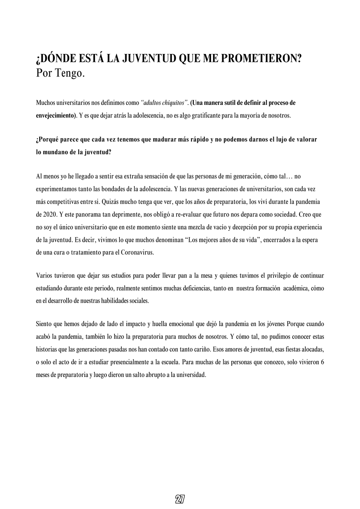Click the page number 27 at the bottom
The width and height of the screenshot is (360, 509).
tap(180, 499)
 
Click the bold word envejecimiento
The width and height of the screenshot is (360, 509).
tap(55, 115)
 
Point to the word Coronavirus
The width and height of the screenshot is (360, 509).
tap(137, 252)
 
